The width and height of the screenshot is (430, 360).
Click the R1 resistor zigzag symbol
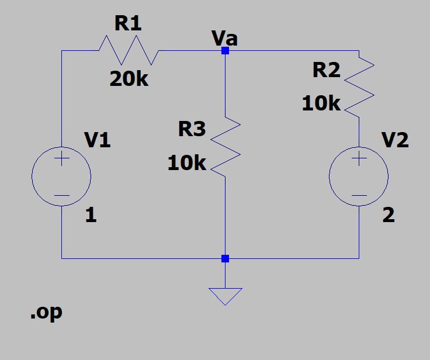coord(129,51)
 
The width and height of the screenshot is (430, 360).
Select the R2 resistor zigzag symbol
coord(359,84)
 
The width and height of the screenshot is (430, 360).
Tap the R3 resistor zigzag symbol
coord(225,146)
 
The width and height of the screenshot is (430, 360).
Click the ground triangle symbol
coord(225,295)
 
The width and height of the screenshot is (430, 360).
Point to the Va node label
coord(224,39)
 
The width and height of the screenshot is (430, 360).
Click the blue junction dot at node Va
coord(225,51)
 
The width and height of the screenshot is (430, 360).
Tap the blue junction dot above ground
coord(225,258)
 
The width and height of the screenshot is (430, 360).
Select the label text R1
coord(128,24)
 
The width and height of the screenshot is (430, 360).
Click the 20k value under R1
coord(129,79)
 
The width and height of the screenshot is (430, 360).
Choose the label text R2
coord(326,70)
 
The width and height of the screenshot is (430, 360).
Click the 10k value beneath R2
coord(321,104)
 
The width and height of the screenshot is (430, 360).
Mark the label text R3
coord(192,129)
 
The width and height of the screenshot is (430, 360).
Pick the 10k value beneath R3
coord(187,164)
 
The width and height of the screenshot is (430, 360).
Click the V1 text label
coord(97,140)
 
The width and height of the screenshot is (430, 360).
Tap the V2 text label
coord(395,140)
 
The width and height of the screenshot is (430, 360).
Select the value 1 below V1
coord(91,216)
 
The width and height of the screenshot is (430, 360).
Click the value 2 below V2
coord(389,216)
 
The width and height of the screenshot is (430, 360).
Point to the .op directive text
coord(46,312)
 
